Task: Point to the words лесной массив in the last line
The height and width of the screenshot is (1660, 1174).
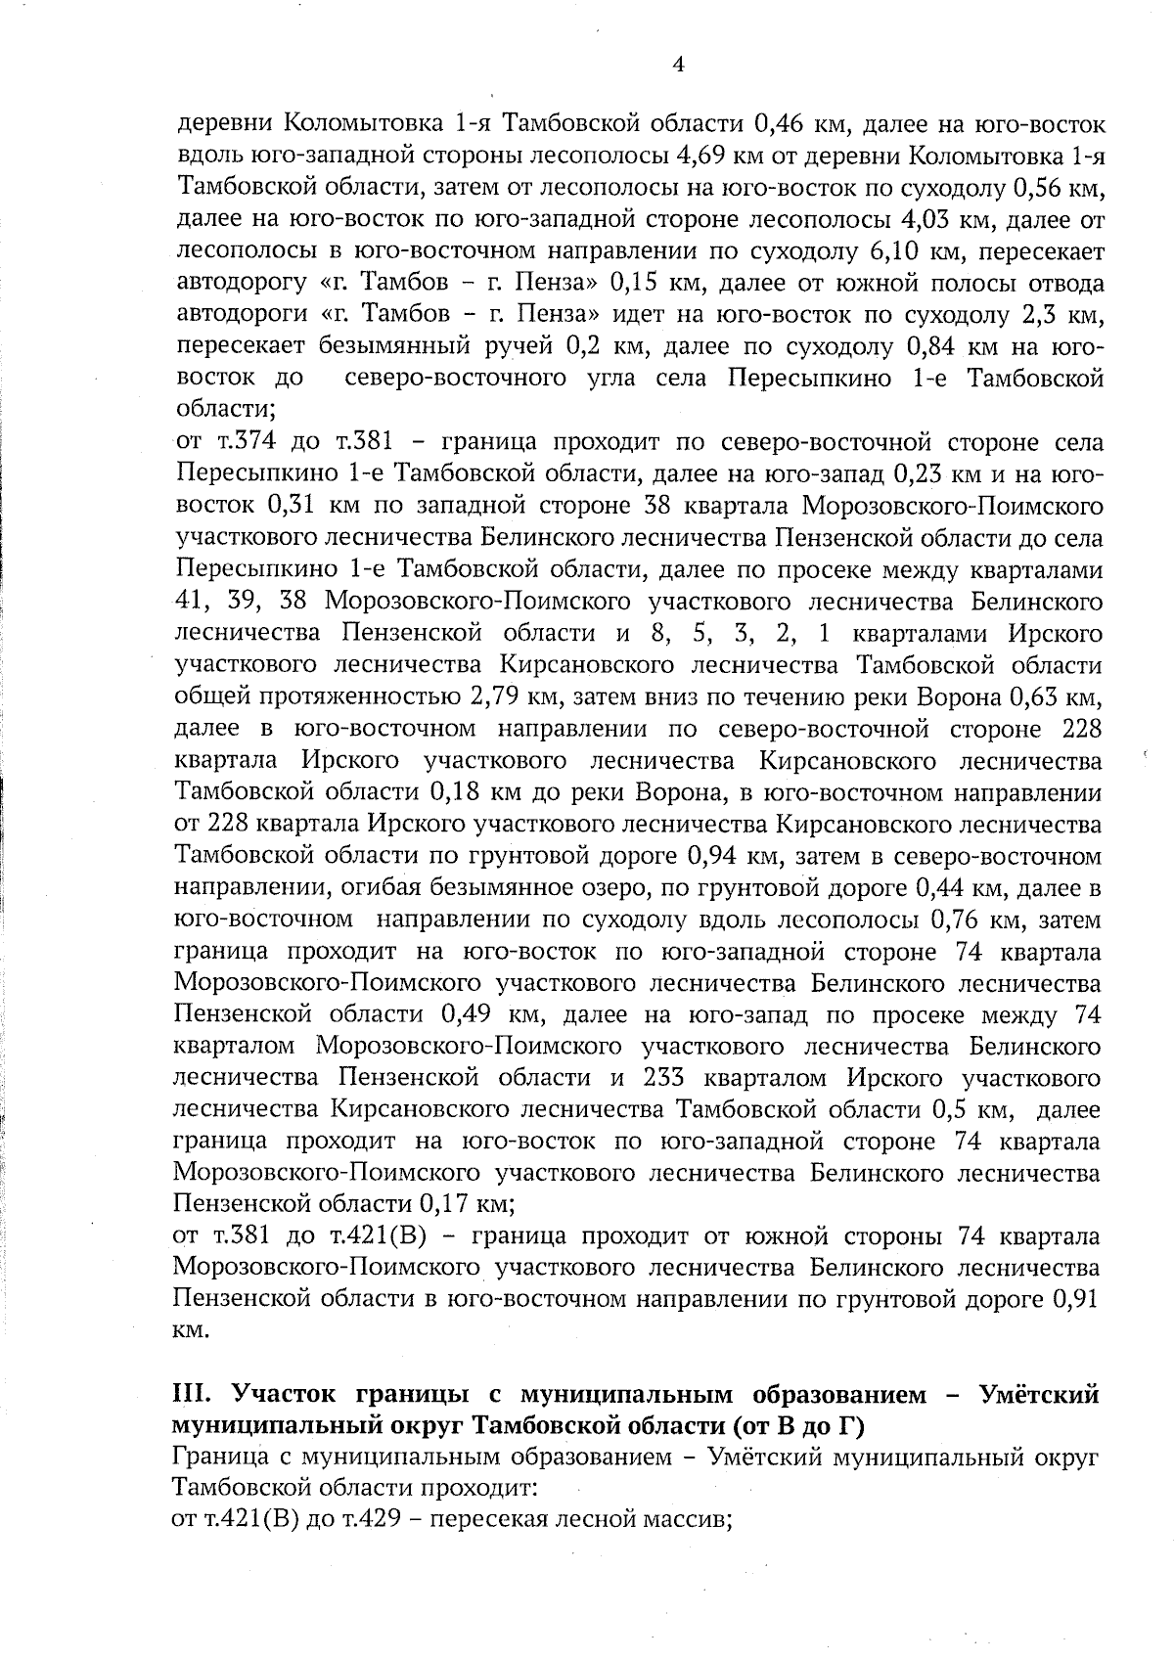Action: click(659, 1522)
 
